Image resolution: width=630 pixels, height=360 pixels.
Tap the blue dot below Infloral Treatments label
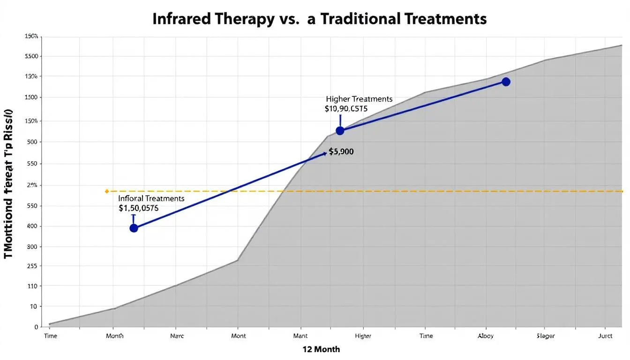pos(134,228)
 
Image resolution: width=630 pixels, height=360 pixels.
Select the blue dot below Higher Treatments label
pos(340,131)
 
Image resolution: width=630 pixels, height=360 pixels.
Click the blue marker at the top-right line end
pos(505,82)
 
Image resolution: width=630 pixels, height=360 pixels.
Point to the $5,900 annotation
pos(341,152)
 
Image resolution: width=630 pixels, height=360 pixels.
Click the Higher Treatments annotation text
pos(359,99)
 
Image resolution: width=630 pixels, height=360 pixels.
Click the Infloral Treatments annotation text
pos(151,198)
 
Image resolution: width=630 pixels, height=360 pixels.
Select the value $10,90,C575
pos(346,109)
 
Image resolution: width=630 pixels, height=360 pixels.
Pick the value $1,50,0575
pos(139,208)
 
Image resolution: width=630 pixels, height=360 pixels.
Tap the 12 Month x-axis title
pos(321,349)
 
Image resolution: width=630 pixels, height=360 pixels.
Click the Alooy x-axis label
pos(486,336)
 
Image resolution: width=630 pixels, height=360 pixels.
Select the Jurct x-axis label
pos(605,336)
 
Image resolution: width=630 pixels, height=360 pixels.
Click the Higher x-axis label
pos(363,336)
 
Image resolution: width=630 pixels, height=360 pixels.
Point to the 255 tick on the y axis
pos(32,266)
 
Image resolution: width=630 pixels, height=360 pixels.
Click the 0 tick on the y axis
pos(36,327)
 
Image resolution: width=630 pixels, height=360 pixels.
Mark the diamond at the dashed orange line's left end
pos(107,191)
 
